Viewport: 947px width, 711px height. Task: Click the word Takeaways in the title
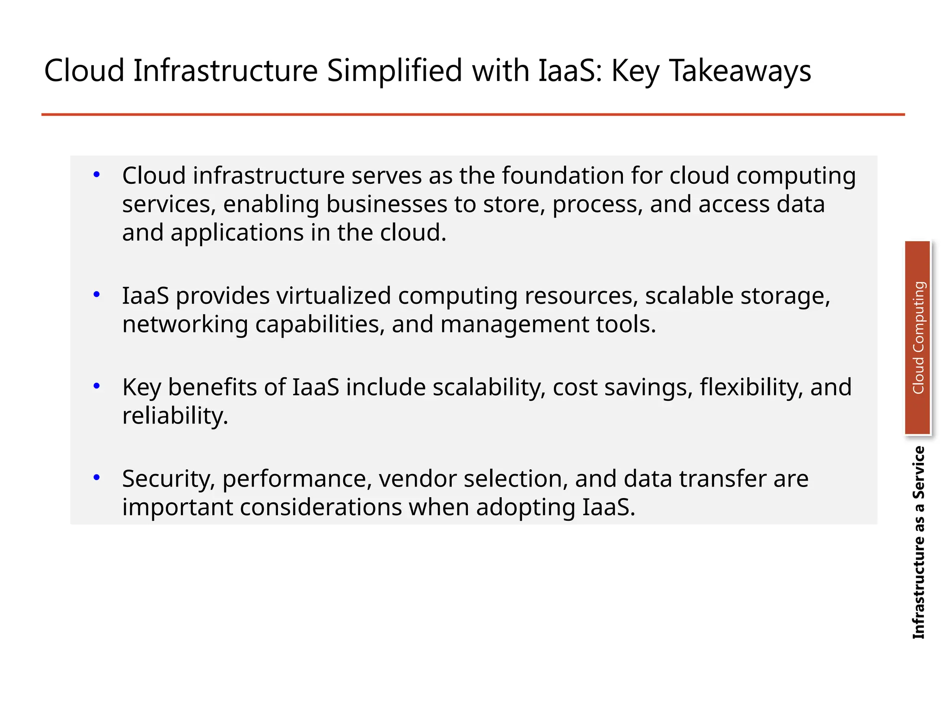click(740, 71)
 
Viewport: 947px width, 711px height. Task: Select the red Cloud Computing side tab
click(917, 337)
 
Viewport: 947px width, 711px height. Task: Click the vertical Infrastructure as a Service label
click(918, 542)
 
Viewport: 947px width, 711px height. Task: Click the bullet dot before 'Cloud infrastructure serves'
click(97, 175)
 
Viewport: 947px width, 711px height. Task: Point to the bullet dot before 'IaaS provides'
click(97, 294)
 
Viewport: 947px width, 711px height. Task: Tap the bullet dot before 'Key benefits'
click(97, 386)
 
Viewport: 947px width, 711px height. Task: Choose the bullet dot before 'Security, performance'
click(97, 478)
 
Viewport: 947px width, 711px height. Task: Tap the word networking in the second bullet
click(185, 324)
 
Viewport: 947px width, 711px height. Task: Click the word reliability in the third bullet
click(175, 416)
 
